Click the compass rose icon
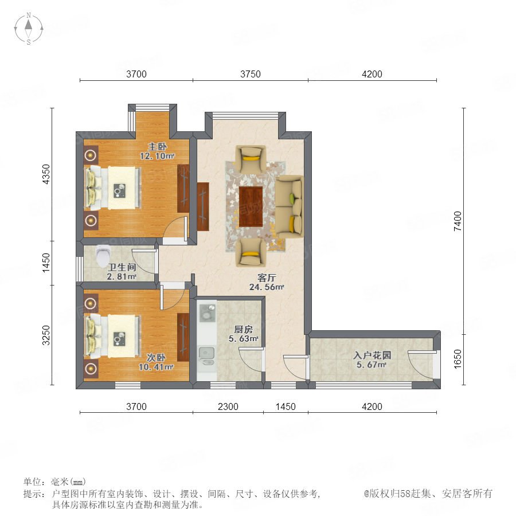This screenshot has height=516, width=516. (x=29, y=28)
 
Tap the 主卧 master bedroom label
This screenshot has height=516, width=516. (x=157, y=146)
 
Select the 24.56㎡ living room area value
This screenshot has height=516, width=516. (x=267, y=287)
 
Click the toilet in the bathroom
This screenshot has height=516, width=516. (x=103, y=255)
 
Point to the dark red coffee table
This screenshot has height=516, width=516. (x=251, y=206)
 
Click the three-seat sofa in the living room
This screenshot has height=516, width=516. (x=289, y=206)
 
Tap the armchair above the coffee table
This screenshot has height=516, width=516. (x=251, y=159)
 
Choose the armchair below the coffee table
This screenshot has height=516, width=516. (x=251, y=253)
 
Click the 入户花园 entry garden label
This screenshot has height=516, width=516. (x=372, y=355)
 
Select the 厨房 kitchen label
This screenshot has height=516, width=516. (x=243, y=329)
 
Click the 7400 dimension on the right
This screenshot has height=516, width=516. (x=458, y=221)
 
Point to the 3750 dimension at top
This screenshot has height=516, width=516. (x=251, y=74)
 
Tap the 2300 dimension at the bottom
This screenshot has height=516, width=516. (x=228, y=406)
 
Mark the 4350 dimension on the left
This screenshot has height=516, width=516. (x=46, y=174)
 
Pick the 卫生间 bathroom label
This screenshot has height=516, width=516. (x=122, y=267)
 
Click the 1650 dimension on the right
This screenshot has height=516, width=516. (x=458, y=359)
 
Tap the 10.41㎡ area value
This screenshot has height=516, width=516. (x=156, y=366)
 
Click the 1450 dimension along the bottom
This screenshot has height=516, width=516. (x=286, y=406)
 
